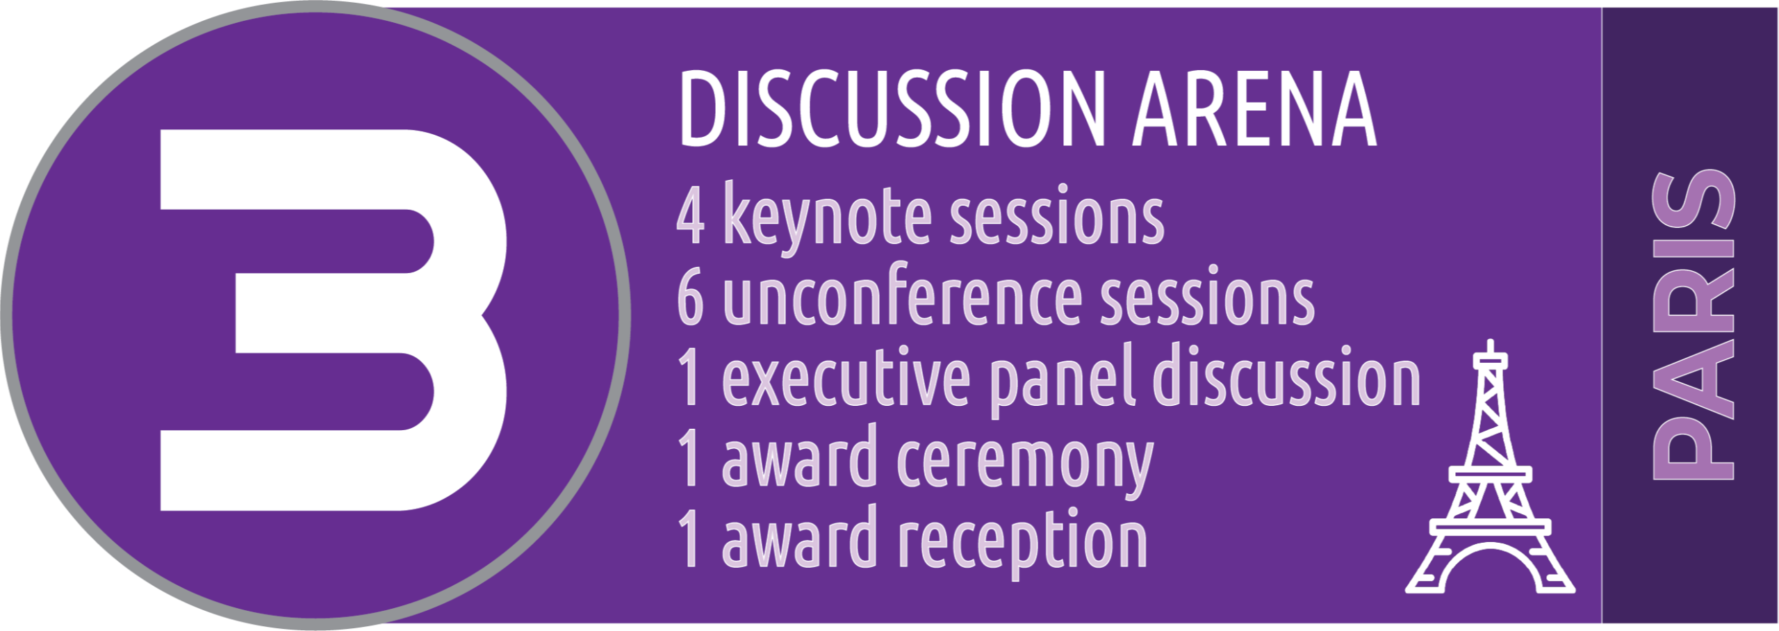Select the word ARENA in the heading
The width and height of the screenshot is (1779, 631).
[x=1254, y=109]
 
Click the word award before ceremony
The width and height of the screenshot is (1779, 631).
[x=800, y=456]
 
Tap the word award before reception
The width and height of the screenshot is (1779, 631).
[x=800, y=536]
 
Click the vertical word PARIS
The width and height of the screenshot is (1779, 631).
[x=1693, y=325]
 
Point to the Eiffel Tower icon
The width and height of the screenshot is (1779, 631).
[x=1490, y=467]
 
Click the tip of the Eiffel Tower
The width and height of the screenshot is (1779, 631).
[x=1490, y=341]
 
